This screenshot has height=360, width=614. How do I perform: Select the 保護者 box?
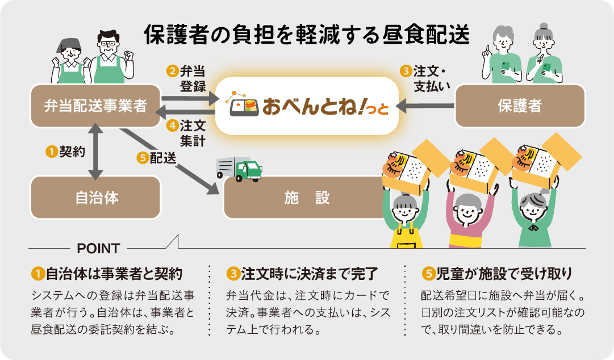tap(520, 106)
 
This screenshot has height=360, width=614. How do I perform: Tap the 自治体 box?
tap(95, 197)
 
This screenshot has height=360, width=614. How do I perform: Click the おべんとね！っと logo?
tap(307, 106)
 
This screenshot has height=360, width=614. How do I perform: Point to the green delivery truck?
tap(239, 169)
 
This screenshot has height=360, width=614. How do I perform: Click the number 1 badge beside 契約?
tap(52, 152)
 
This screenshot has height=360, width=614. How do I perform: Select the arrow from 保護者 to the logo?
tap(426, 106)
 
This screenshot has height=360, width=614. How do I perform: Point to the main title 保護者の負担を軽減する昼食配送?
tap(307, 35)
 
